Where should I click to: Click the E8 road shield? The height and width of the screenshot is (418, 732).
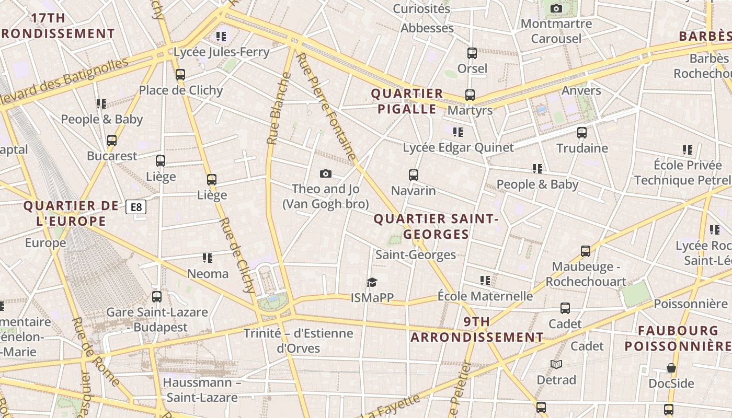[x=136, y=207]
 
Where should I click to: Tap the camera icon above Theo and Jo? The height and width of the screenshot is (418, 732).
[x=326, y=173]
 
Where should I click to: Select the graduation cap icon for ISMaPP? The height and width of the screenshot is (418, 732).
[x=372, y=283]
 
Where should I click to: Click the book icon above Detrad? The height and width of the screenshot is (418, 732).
[x=556, y=364]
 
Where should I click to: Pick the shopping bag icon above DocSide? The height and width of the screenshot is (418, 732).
[x=671, y=368]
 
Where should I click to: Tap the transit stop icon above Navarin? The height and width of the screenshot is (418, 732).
[x=414, y=175]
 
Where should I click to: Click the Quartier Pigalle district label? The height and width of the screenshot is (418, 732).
[x=407, y=101]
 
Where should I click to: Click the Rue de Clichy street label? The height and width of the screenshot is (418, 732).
[x=237, y=255]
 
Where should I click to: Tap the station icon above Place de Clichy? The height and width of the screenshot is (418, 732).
[x=180, y=75]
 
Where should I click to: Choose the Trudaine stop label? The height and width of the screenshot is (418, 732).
[x=582, y=148]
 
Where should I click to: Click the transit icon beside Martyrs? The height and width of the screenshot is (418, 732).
[x=470, y=95]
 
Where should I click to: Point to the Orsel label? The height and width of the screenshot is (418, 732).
[x=472, y=68]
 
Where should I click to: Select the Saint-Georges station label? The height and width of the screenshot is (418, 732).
[x=416, y=255]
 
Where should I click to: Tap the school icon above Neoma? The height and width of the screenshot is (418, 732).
[x=208, y=258]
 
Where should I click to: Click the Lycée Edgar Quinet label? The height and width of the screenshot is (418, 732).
[x=458, y=148]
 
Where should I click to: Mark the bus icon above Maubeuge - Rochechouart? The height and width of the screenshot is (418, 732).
[x=586, y=251]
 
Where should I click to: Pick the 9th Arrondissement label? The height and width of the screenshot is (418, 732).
[x=477, y=329]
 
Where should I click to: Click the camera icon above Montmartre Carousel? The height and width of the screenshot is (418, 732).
[x=556, y=8]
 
